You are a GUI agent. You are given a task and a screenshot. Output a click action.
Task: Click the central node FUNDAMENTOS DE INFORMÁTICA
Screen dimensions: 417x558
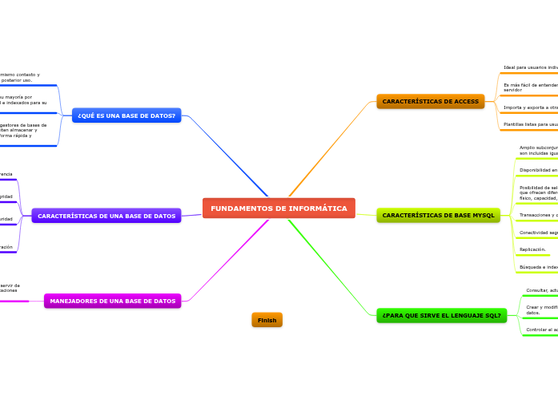coord(279,208)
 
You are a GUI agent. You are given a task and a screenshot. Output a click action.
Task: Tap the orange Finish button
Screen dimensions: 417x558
coord(267,320)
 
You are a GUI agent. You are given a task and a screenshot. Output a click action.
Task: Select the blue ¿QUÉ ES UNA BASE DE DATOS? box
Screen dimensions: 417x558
coord(126,115)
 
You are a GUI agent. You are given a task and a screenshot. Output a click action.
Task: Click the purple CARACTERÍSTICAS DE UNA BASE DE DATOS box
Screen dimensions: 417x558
coord(106,216)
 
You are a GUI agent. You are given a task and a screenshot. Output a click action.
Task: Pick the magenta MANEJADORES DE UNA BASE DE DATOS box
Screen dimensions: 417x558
coord(113,301)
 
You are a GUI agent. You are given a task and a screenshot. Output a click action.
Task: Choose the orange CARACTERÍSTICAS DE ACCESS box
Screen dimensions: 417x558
coord(431,101)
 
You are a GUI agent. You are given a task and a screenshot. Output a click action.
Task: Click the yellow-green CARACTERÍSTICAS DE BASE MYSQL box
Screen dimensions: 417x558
coord(439,215)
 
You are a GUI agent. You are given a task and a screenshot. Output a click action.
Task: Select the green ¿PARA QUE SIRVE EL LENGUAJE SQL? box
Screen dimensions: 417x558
coord(442,315)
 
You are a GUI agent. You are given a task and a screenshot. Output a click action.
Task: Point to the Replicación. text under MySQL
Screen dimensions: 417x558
coord(532,249)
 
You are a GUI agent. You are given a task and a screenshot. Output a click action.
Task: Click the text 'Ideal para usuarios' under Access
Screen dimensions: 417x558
coord(531,67)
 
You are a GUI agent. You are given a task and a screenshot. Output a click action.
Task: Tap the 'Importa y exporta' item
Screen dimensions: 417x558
coord(531,107)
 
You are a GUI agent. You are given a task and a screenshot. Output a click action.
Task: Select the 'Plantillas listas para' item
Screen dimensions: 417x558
coord(531,124)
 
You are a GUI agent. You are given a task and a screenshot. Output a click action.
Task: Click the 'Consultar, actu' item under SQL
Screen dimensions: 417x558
coord(541,290)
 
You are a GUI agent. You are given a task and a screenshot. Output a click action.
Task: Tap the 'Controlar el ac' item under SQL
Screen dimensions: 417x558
coord(541,330)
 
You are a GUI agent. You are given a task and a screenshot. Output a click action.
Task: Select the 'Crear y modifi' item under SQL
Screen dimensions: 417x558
coord(541,310)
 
